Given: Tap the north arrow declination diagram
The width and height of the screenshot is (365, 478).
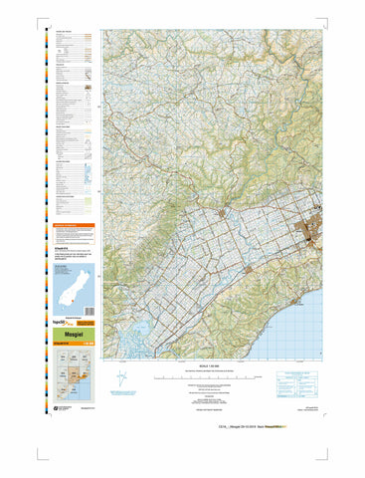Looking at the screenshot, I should pyautogui.click(x=121, y=381).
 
